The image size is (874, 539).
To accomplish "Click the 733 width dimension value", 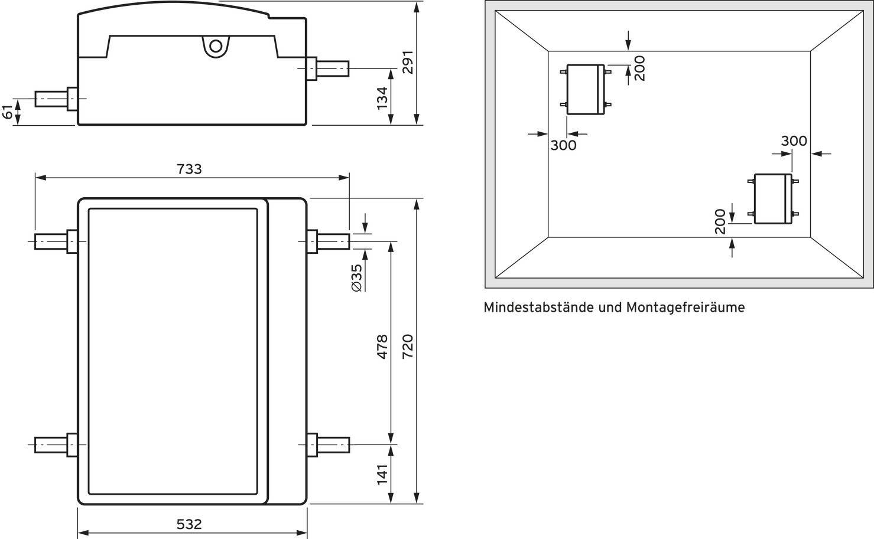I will (189, 169).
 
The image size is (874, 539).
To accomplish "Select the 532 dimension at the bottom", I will (189, 524).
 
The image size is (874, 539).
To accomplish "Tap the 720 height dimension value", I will (408, 347).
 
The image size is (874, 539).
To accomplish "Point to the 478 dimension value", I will (382, 347).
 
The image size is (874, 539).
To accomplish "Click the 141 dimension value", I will (382, 475).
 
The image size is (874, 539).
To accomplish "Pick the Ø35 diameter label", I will (356, 277).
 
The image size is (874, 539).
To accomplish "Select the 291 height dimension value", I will (408, 62).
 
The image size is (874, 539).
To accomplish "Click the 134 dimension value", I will (382, 98).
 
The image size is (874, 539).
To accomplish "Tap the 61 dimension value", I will (8, 112).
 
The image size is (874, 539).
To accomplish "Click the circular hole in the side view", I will (216, 46).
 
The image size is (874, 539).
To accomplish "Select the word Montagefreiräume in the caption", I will (685, 308).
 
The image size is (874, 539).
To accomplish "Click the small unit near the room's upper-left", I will (586, 89).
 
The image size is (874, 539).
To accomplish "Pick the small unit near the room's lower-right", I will (773, 199).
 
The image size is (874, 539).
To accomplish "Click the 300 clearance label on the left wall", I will (563, 145).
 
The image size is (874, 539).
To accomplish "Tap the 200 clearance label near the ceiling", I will (640, 68).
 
